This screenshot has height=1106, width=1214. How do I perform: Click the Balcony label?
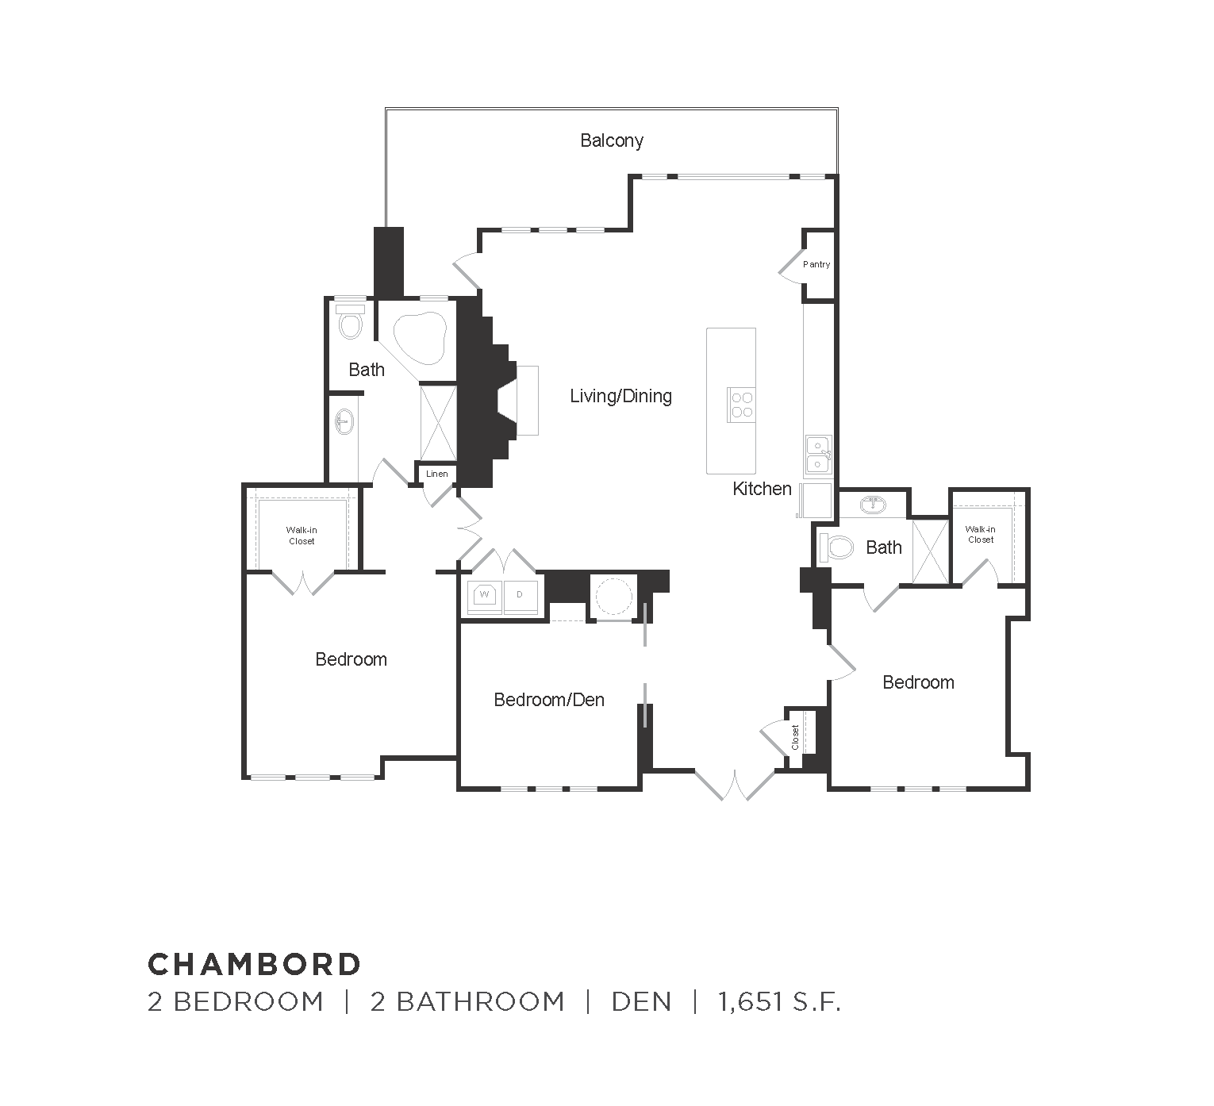(611, 141)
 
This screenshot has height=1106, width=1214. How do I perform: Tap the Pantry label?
(816, 264)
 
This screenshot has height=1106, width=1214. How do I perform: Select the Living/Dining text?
(620, 396)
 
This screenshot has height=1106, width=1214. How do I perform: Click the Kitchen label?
(762, 489)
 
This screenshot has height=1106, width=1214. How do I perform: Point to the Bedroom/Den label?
(549, 700)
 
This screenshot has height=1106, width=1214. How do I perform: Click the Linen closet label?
(437, 474)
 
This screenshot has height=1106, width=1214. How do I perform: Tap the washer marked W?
(484, 594)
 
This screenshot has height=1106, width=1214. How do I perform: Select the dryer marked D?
(521, 594)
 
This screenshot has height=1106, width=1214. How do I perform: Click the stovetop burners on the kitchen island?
(741, 405)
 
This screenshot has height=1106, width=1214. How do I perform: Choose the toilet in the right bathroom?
(837, 547)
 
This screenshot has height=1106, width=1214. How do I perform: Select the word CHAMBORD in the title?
(255, 964)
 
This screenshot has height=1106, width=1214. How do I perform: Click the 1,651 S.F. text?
(778, 1002)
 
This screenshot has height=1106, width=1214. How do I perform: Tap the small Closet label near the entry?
(796, 737)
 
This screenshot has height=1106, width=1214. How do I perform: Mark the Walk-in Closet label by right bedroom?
(980, 534)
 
